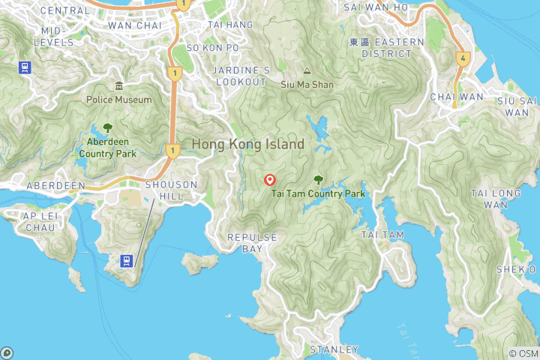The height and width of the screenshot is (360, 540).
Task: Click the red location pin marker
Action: (270, 180)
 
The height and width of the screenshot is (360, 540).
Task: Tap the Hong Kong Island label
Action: (248, 144)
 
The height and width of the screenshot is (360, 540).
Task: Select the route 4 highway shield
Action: (463, 57)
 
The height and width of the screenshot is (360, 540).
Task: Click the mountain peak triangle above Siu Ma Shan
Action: (306, 71)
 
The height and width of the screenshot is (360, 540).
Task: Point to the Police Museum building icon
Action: (118, 86)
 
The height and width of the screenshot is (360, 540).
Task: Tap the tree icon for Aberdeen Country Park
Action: (107, 128)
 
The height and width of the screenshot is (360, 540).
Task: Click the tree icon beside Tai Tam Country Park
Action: (319, 180)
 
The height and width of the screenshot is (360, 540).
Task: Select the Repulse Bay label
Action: (253, 242)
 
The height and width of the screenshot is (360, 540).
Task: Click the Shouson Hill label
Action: (171, 190)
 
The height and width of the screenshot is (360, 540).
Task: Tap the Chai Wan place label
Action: (457, 97)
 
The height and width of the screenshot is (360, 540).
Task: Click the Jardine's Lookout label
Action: (241, 76)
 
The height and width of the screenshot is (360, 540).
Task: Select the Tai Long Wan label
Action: (495, 199)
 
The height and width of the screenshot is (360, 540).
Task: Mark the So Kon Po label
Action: (213, 48)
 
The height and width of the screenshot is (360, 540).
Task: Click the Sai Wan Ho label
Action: (376, 7)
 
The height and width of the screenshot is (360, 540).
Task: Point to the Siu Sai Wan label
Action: (517, 106)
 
